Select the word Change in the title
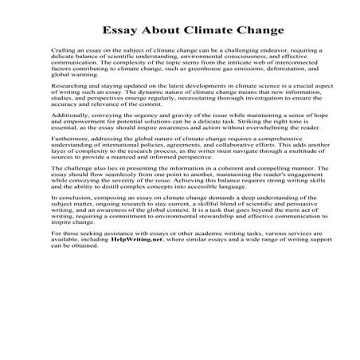pyautogui.click(x=255, y=32)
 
